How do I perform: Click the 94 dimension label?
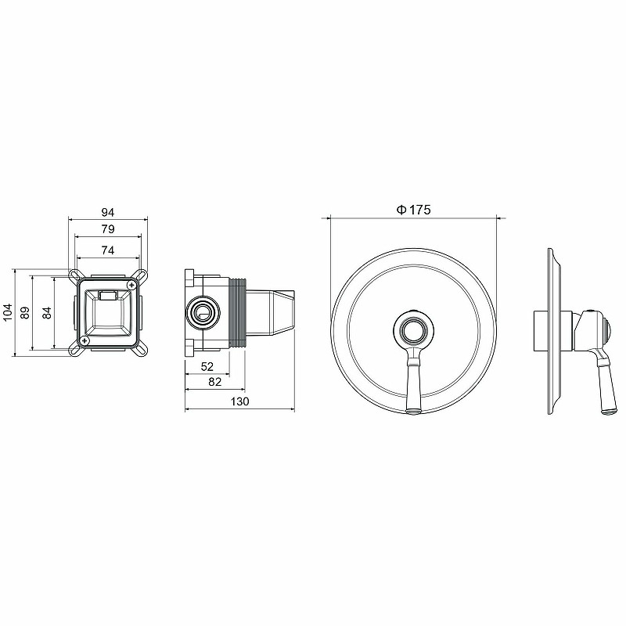click(108, 212)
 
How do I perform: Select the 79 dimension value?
click(108, 229)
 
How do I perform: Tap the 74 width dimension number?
click(108, 250)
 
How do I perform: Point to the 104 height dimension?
click(8, 312)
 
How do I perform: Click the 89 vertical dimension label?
click(25, 312)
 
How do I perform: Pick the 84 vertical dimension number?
click(47, 312)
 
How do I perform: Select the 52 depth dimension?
click(207, 366)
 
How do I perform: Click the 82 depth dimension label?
click(214, 382)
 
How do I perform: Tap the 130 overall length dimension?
click(239, 401)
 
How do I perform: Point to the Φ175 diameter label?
click(414, 210)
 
